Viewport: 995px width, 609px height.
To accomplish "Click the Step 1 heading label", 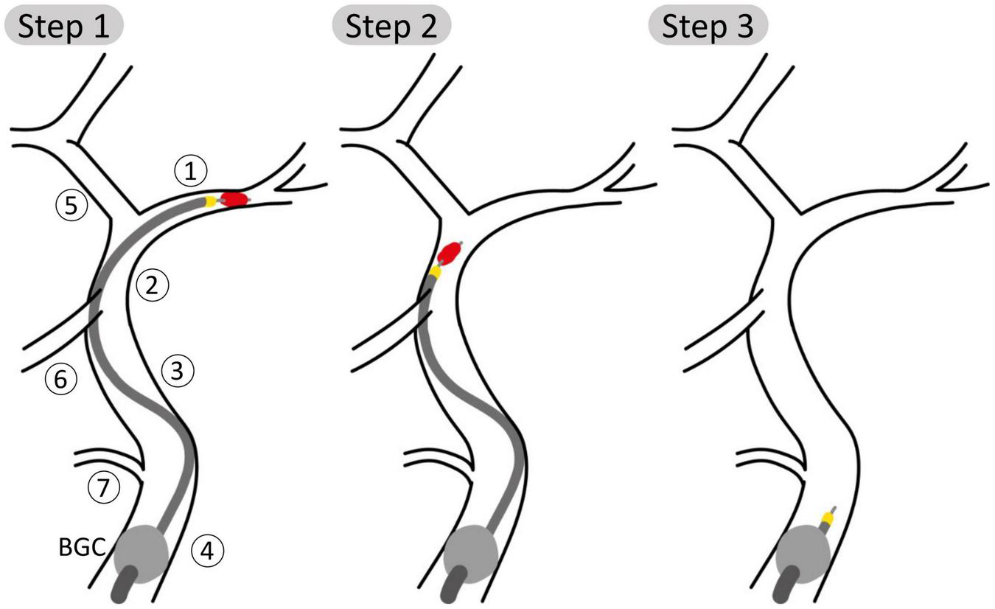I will (64, 27).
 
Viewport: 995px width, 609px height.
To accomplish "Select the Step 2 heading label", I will (391, 27).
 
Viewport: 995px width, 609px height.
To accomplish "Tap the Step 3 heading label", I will (708, 27).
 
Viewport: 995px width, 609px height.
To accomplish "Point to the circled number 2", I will (151, 285).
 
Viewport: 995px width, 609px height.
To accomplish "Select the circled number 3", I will (176, 372).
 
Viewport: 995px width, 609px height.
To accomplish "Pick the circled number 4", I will (207, 550).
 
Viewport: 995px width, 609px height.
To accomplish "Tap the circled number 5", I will (71, 206).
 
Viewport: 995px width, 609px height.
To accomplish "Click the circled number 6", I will (60, 379).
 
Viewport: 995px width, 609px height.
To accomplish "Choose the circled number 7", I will (103, 487).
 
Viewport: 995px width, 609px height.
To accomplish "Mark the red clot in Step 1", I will (234, 199).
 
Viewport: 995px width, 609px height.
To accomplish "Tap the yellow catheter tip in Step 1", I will (211, 201).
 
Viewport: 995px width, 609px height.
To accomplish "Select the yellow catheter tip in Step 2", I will (435, 273).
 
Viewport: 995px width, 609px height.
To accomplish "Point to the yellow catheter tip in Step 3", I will (828, 518).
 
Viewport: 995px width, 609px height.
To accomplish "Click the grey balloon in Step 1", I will (141, 553).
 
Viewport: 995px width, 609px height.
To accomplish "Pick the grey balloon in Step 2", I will (471, 553).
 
